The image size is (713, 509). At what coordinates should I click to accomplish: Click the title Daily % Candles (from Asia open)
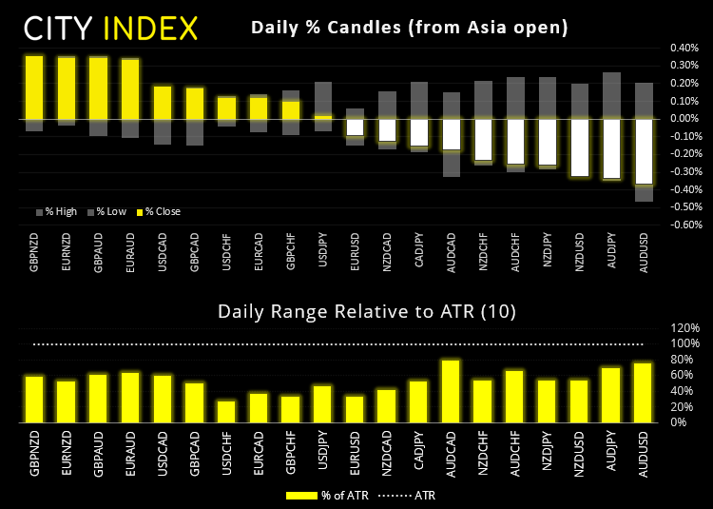coord(410,28)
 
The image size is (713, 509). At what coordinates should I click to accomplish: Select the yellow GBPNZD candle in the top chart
coord(34,87)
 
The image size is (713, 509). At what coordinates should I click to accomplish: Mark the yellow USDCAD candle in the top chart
coord(163,102)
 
